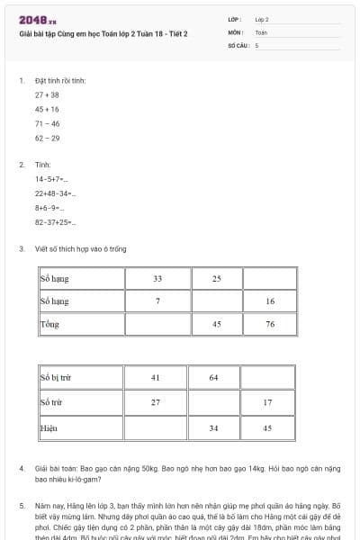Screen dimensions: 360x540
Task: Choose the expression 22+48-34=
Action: click(x=56, y=193)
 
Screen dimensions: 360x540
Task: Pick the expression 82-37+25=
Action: click(x=56, y=221)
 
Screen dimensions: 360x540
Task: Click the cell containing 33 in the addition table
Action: click(x=157, y=278)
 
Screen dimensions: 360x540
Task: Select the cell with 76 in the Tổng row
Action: click(x=270, y=323)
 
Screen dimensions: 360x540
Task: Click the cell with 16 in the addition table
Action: click(x=270, y=301)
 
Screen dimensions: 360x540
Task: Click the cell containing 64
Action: click(x=213, y=376)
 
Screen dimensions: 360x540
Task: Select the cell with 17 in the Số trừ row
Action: click(x=267, y=401)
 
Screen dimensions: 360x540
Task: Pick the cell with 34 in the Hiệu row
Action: click(x=213, y=427)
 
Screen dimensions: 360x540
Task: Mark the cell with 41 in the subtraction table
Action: click(x=155, y=376)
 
